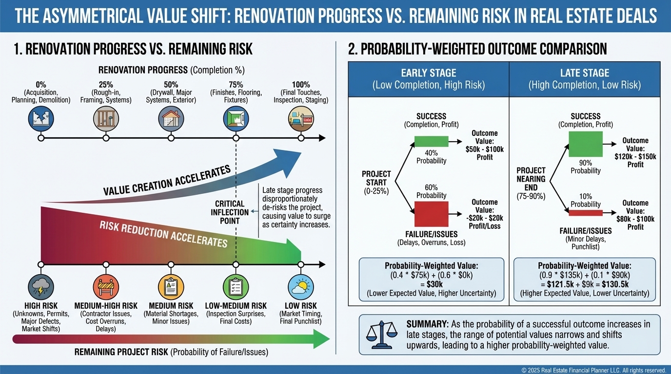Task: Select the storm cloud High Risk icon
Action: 41,286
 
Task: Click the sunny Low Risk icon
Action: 301,286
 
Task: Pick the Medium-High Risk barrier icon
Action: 106,286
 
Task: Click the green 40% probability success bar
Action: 431,141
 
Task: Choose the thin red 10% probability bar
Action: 585,212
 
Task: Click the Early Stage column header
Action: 429,79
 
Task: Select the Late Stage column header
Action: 585,79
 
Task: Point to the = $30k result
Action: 431,284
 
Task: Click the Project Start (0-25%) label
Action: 376,182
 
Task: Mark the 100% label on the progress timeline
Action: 301,85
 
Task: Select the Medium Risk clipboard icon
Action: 171,286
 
